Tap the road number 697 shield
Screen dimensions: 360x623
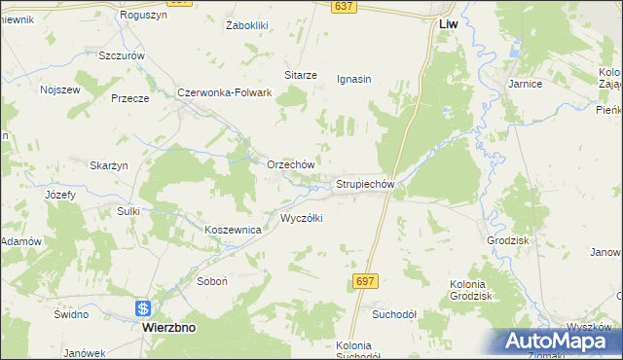coord(364,280)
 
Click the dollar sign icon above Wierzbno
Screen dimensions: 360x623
coord(143,308)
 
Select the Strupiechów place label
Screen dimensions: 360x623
coord(364,183)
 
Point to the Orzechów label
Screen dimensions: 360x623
coord(290,164)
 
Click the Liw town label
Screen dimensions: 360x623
coord(449,22)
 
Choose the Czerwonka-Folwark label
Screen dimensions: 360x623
coord(223,92)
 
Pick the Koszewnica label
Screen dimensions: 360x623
coord(233,230)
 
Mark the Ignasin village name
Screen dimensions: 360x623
coord(354,79)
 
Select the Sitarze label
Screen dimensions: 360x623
coord(301,74)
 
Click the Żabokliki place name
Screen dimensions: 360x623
coord(246,24)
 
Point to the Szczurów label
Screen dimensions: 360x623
coord(122,55)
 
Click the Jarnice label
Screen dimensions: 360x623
coord(524,84)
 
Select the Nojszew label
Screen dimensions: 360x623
coord(58,90)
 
